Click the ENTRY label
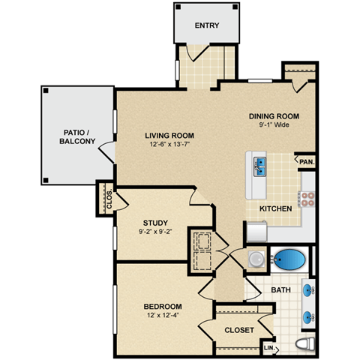click(x=206, y=26)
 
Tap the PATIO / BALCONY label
click(x=79, y=136)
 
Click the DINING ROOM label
click(x=274, y=115)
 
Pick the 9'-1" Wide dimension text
click(x=274, y=125)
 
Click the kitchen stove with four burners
click(x=307, y=199)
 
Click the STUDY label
click(x=154, y=223)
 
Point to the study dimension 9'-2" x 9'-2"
click(x=154, y=232)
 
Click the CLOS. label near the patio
click(x=109, y=200)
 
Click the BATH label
click(x=281, y=289)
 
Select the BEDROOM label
click(x=163, y=307)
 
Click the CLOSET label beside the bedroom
click(x=238, y=330)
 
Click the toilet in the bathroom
click(x=304, y=345)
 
